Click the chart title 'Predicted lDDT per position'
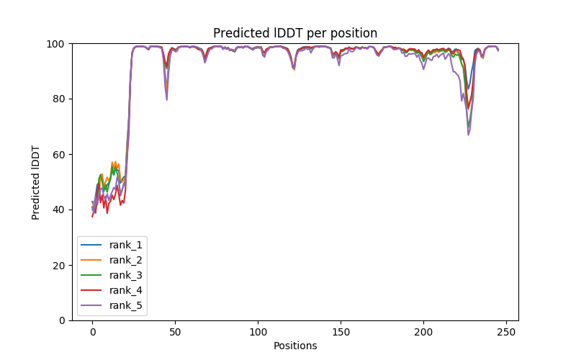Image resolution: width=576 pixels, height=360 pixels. [x=295, y=33]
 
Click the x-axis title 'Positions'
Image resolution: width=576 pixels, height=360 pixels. [x=295, y=346]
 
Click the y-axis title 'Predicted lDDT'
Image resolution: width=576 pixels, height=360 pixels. [x=36, y=181]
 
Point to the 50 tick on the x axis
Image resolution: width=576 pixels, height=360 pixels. [x=175, y=332]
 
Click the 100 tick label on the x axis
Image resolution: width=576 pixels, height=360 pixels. [x=258, y=332]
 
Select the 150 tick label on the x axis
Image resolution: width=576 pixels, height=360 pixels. [x=341, y=332]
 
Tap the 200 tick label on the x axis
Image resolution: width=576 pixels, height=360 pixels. [x=423, y=332]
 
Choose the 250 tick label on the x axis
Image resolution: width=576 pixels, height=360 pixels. [x=506, y=332]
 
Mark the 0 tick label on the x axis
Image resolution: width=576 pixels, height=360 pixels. [x=92, y=332]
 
